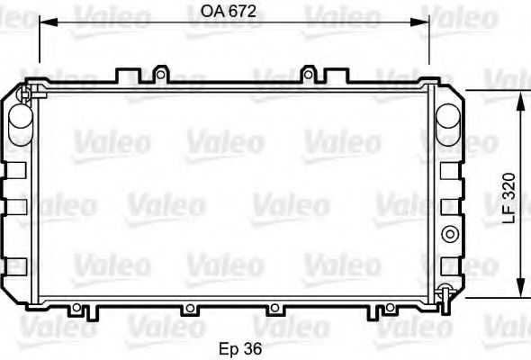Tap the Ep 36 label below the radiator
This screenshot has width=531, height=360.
(240, 347)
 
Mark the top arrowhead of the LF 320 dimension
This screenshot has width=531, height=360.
(520, 97)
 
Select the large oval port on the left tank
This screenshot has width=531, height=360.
(19, 119)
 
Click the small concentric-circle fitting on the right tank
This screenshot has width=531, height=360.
(448, 235)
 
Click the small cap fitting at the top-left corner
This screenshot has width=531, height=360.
(26, 91)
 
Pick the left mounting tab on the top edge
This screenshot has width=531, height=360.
(160, 72)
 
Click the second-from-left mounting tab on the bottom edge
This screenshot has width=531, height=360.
(188, 310)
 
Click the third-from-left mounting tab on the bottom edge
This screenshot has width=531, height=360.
(272, 310)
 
